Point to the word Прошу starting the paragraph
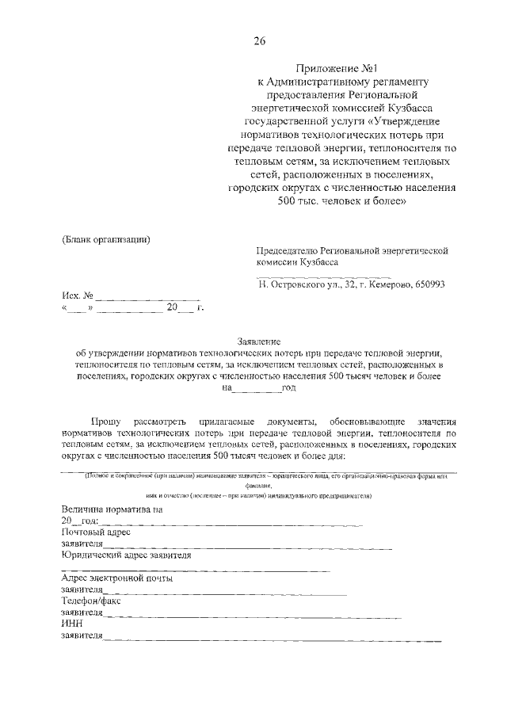point(105,422)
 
